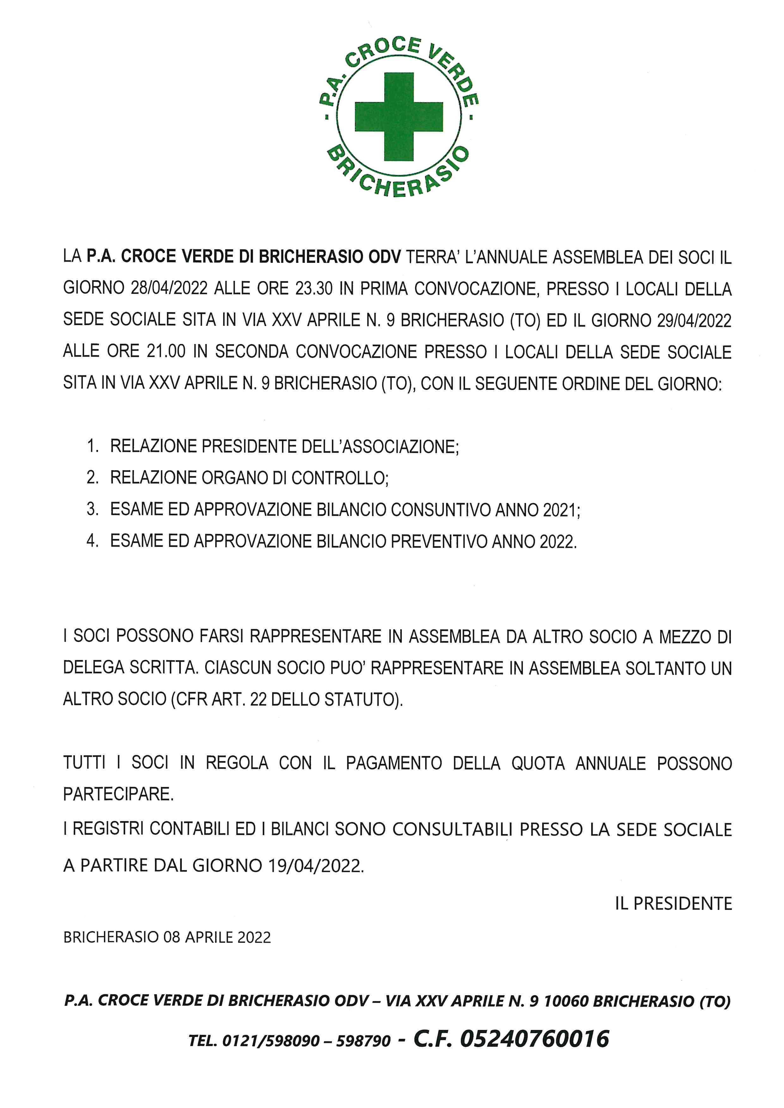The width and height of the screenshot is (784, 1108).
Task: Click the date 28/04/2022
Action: pyautogui.click(x=169, y=288)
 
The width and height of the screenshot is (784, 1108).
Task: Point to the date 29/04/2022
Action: pyautogui.click(x=694, y=320)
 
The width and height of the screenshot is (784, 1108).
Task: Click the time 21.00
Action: pyautogui.click(x=166, y=352)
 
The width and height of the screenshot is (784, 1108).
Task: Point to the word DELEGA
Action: pyautogui.click(x=93, y=668)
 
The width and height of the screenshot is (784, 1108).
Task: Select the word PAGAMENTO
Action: pyautogui.click(x=394, y=763)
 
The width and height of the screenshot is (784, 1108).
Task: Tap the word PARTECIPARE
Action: pyautogui.click(x=118, y=794)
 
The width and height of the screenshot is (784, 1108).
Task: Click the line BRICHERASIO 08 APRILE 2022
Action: pyautogui.click(x=167, y=937)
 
